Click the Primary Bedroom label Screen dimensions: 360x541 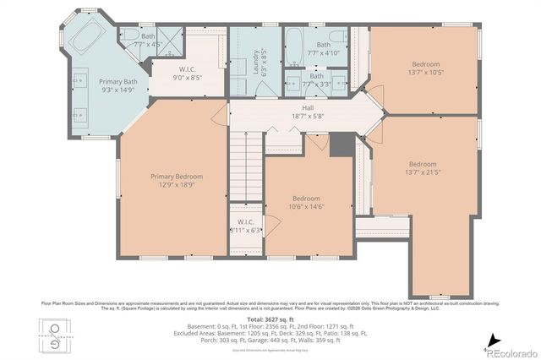[x=177, y=177]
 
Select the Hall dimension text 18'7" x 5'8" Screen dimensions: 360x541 [x=308, y=117]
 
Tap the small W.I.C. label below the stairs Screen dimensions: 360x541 [x=246, y=222]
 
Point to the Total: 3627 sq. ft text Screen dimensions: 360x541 [x=270, y=319]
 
